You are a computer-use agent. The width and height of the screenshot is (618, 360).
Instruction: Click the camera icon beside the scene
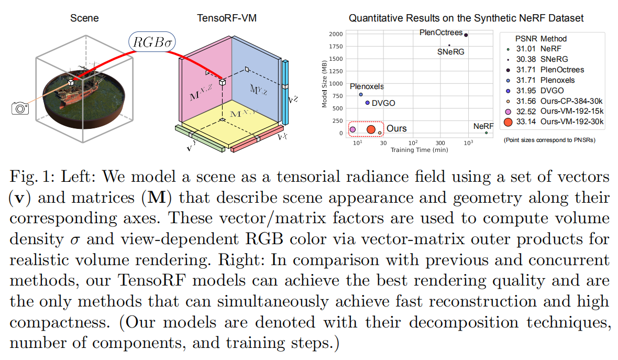click(x=20, y=108)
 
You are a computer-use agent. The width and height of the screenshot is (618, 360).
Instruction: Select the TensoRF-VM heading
click(x=227, y=19)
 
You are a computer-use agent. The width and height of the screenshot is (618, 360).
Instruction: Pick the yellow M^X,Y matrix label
click(x=240, y=114)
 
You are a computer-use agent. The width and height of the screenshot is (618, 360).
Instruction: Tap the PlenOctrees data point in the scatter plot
click(x=466, y=35)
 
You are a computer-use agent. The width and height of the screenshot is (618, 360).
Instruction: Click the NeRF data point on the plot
click(x=486, y=133)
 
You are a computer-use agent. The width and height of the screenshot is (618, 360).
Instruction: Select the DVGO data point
click(x=367, y=103)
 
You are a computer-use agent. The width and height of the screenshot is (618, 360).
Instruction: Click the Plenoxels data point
click(x=361, y=94)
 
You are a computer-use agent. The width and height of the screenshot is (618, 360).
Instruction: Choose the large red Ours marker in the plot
click(x=371, y=129)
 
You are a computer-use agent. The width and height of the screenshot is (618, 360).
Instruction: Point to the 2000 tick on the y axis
click(x=336, y=34)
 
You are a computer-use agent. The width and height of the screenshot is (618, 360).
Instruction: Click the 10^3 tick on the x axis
click(x=468, y=143)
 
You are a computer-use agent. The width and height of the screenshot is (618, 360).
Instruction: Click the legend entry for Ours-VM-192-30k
click(x=572, y=122)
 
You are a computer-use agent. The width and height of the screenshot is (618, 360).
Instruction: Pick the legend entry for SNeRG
click(x=554, y=59)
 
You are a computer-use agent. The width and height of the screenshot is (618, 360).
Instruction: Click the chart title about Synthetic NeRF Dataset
click(x=466, y=19)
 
